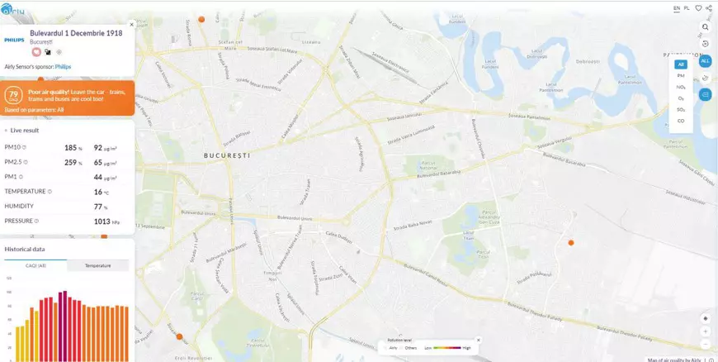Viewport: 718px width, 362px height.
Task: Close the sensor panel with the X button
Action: (131, 24)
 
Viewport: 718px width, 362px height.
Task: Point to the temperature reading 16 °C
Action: (98, 192)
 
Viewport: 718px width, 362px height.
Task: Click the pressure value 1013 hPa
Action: (102, 221)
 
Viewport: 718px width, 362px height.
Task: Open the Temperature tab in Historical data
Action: (97, 265)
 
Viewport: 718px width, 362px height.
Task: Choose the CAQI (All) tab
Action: (35, 265)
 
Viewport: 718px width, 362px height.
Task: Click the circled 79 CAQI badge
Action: (13, 97)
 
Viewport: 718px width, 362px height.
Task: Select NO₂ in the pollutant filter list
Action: (681, 87)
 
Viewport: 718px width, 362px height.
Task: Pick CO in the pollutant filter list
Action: (681, 121)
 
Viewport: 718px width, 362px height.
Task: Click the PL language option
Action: (687, 7)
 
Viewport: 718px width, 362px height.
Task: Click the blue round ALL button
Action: (705, 61)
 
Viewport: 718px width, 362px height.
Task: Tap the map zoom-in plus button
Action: (705, 331)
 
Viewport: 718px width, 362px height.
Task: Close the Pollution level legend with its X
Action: (478, 340)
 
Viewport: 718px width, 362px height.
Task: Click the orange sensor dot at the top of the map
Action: (201, 18)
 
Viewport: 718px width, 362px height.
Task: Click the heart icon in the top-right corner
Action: (698, 7)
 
